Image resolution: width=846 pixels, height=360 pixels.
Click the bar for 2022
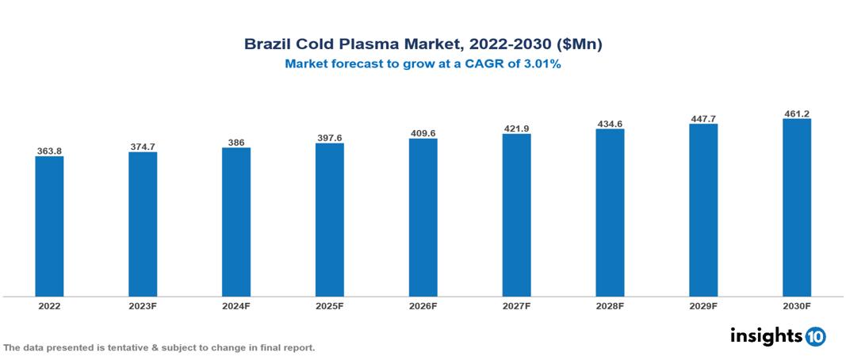tap(49, 226)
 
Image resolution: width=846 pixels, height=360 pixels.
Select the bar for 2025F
tap(329, 220)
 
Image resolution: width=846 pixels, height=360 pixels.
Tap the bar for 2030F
tap(796, 208)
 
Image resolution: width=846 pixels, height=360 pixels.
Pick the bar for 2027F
tap(516, 215)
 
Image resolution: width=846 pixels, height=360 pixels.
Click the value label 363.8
tap(49, 151)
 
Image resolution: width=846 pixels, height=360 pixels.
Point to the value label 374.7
tap(143, 147)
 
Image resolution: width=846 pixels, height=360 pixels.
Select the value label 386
tap(236, 143)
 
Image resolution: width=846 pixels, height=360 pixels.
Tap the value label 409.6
tap(423, 133)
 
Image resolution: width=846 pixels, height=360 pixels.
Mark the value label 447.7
tap(703, 119)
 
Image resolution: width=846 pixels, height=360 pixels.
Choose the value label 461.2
tap(796, 114)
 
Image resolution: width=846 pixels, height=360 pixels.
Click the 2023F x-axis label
tap(143, 305)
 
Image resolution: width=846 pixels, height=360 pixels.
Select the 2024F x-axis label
tap(236, 305)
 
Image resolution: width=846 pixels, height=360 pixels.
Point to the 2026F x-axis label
tap(423, 305)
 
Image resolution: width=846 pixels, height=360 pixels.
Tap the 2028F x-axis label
tap(610, 305)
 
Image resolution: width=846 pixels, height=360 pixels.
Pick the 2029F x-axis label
tap(703, 305)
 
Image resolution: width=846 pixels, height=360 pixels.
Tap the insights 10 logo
tap(777, 335)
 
